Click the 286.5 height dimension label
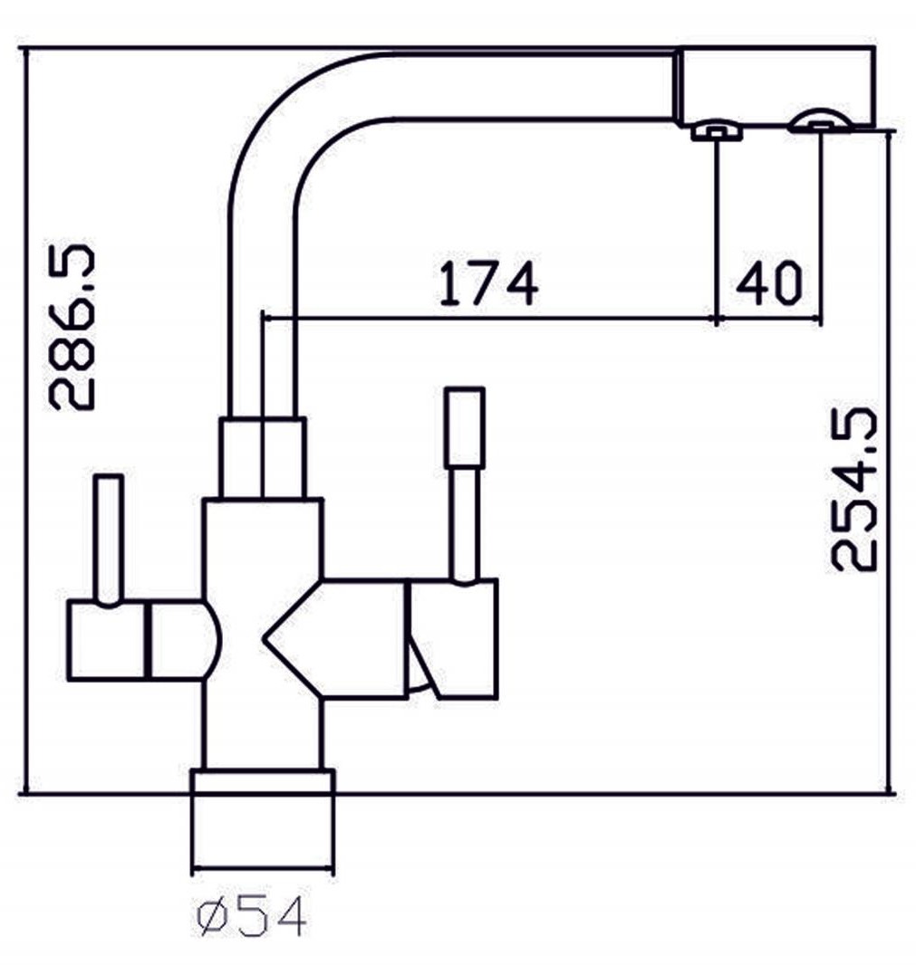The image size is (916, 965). click(72, 327)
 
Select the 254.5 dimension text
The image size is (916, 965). click(854, 490)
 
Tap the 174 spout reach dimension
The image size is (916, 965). click(488, 283)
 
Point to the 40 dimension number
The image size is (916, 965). click(769, 283)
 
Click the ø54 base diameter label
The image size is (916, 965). click(252, 918)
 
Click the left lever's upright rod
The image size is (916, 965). click(109, 538)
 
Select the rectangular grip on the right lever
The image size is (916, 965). click(465, 427)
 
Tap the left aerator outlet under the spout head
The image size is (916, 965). click(717, 132)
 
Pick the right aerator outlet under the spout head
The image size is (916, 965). click(819, 122)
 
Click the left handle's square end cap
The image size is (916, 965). click(106, 640)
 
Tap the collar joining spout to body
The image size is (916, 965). click(263, 458)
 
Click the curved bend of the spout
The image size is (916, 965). click(281, 118)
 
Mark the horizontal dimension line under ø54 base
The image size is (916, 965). click(263, 872)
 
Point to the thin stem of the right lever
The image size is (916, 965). click(465, 523)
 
